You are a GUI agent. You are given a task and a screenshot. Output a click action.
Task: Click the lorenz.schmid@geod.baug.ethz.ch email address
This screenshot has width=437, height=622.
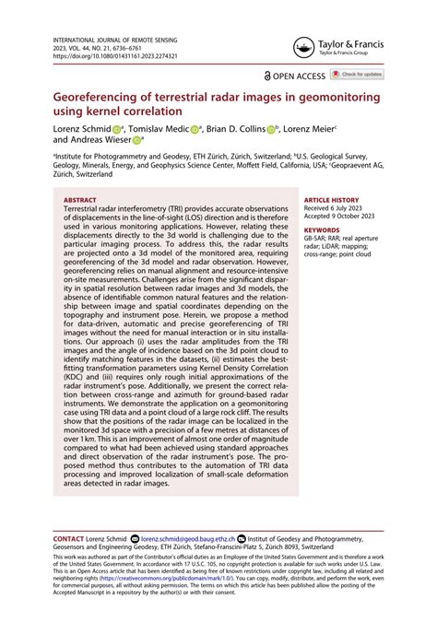[190, 536]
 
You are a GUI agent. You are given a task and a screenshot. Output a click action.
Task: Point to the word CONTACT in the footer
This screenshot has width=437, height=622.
[69, 536]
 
